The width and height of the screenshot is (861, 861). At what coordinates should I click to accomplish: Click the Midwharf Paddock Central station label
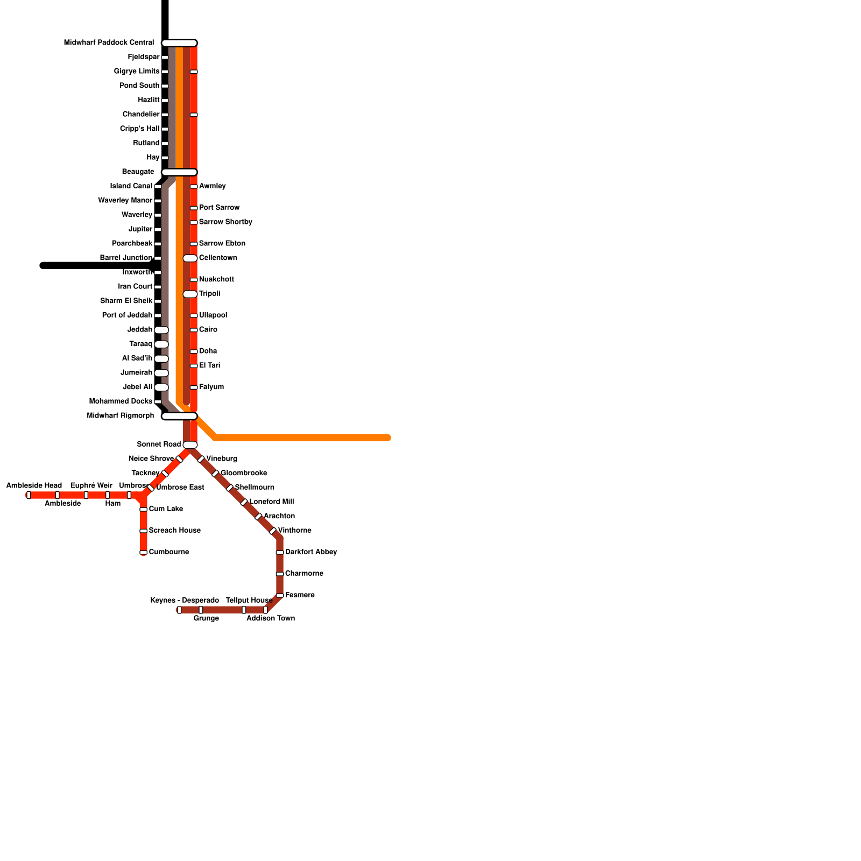pos(109,43)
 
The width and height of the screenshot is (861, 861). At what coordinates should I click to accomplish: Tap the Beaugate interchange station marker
pos(179,172)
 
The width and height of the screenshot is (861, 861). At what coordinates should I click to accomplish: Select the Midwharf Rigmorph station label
pos(121,416)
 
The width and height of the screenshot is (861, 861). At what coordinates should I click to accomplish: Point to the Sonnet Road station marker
pos(190,445)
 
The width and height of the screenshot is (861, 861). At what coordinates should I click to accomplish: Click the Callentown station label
pos(218,258)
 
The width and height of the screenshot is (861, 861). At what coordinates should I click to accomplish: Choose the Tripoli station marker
pos(190,294)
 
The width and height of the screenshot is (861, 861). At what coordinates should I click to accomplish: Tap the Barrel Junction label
pos(126,258)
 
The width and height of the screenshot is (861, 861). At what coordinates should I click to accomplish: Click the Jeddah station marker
pos(161,330)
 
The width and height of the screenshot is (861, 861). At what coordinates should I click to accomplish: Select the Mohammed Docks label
pos(121,401)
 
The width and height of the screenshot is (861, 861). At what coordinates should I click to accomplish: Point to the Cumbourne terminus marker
pos(143,553)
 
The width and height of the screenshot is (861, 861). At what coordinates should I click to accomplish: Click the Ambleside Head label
pos(34,486)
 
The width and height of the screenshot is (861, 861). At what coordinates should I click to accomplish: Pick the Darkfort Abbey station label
pos(311,552)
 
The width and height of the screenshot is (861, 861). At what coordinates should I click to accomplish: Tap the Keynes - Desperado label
pos(185,601)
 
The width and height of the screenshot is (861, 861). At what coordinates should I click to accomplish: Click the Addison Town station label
pos(271,619)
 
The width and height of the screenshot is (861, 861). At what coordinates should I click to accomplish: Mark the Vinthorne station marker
pos(272,531)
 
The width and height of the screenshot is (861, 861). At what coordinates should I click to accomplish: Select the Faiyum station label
pos(211,387)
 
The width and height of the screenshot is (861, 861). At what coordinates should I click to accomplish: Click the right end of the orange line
pos(387,438)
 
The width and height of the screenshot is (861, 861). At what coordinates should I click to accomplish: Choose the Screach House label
pos(174,531)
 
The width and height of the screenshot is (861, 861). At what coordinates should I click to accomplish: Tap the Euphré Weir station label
pos(91,486)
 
